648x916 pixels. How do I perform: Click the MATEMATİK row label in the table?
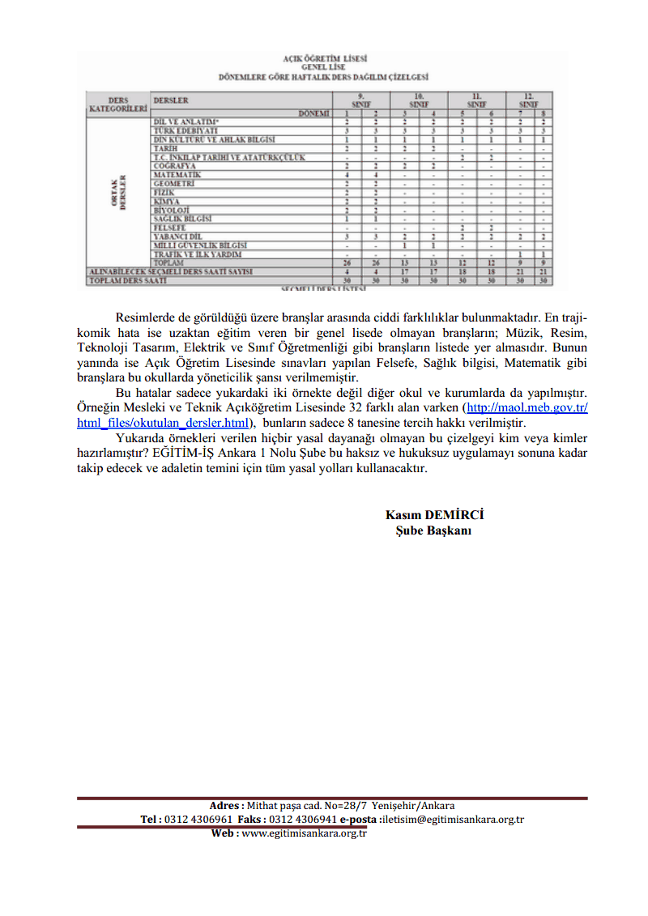(177, 175)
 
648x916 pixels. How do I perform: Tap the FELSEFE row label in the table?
(170, 228)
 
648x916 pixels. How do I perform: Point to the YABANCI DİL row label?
(177, 236)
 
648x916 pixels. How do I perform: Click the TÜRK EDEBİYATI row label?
(185, 130)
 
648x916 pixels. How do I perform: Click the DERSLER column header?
(171, 101)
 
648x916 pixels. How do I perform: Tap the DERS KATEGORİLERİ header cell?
(118, 104)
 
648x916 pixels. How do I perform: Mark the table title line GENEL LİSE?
(324, 68)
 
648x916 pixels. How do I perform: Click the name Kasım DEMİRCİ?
(434, 515)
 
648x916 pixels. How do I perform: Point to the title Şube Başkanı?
(434, 530)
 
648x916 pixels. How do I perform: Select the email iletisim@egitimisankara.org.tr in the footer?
(454, 819)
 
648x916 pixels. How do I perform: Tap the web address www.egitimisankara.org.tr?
(304, 833)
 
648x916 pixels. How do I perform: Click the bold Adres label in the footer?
(226, 805)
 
